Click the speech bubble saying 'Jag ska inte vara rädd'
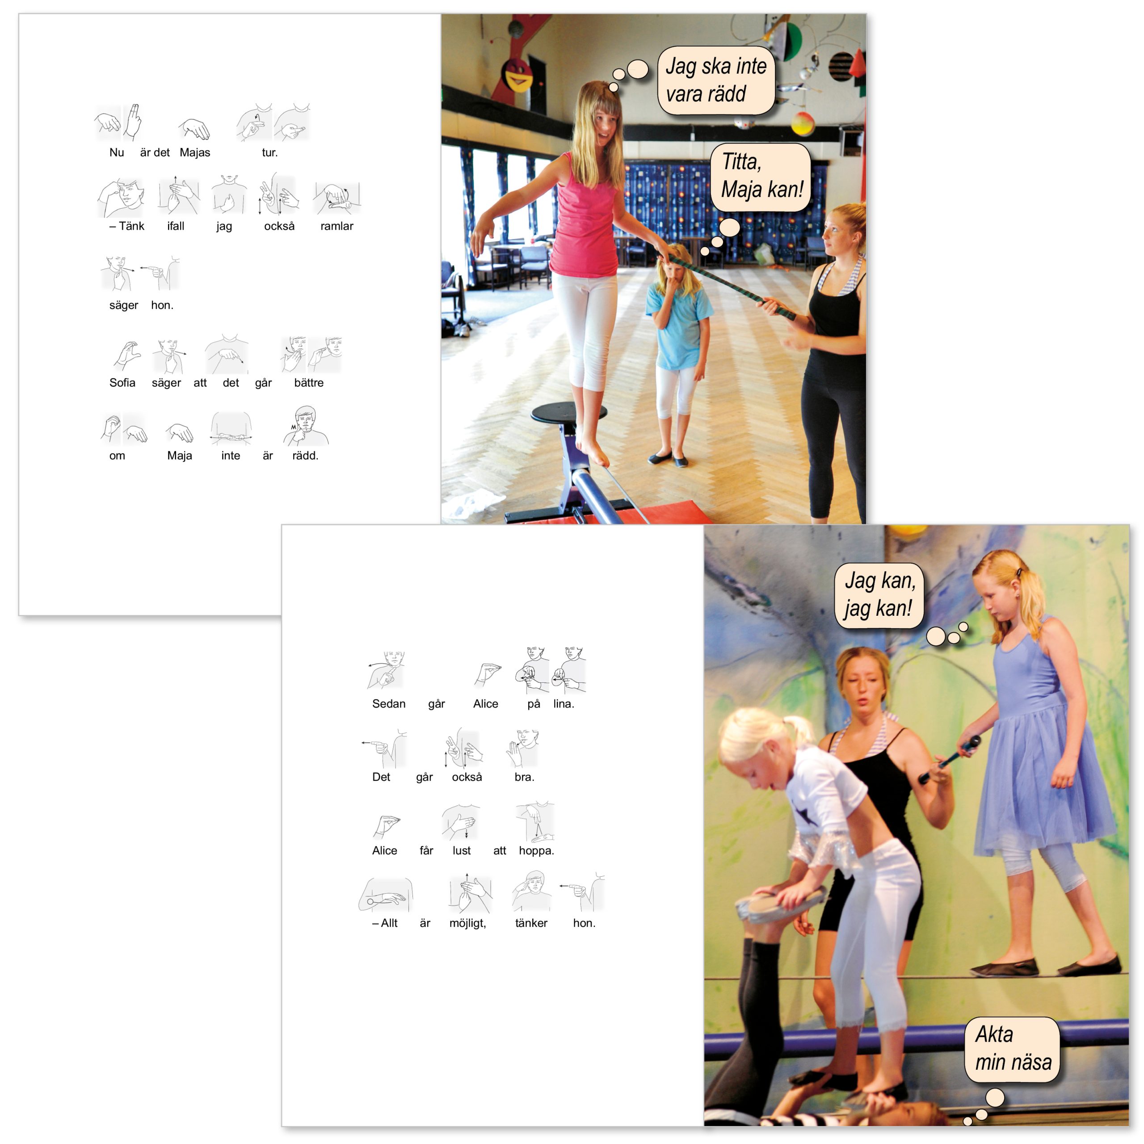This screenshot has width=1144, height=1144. coord(716,80)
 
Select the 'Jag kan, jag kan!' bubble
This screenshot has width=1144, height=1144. coord(879,595)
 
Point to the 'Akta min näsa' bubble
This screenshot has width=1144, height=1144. coord(1013,1049)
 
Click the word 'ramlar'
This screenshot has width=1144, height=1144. coord(337,226)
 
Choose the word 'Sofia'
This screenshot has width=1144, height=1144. coord(122,383)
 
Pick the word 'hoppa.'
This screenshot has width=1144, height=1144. coord(536,851)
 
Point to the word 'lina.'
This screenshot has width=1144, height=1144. coord(564,704)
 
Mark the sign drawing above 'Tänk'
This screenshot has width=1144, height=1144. coord(122,197)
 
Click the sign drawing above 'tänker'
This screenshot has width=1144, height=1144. coord(532,891)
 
